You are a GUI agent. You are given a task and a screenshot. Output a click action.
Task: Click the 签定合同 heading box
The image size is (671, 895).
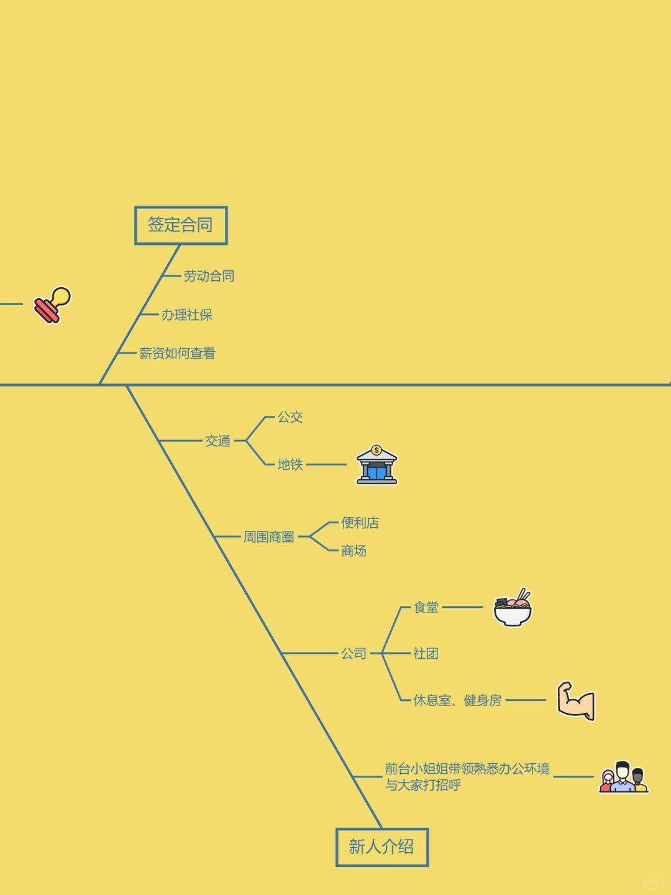point(181,225)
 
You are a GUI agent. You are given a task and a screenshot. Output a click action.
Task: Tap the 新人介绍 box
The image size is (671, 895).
point(381,847)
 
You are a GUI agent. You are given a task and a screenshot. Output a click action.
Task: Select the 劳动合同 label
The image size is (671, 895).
point(209,276)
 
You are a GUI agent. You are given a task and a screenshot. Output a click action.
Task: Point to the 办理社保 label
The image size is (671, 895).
point(187,315)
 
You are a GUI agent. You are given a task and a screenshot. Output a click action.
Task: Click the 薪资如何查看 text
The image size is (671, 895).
point(177,354)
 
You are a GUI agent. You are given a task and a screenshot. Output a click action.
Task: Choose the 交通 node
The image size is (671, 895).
point(218,441)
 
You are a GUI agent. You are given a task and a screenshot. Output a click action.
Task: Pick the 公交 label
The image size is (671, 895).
point(290,417)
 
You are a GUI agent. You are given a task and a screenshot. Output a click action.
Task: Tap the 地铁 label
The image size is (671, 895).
point(290,464)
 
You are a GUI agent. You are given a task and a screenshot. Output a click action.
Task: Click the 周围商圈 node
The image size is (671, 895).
point(268,537)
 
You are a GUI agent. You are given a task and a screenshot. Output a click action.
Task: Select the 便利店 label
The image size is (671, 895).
point(360,523)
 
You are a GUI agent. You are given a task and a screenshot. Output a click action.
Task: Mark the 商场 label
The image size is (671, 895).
point(354,551)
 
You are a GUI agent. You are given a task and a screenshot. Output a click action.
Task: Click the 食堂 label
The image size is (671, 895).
point(426,607)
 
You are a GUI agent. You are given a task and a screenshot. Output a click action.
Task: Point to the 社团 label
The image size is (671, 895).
point(426,653)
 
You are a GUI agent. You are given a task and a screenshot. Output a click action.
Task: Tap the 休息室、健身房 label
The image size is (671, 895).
point(457,700)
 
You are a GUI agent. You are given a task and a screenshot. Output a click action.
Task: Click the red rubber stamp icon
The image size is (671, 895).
point(52,305)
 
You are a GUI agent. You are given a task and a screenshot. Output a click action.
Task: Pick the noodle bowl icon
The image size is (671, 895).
point(513,608)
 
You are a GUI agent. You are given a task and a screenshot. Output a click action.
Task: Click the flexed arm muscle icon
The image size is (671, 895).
point(576,701)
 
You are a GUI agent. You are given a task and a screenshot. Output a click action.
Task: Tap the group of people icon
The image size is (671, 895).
point(623,778)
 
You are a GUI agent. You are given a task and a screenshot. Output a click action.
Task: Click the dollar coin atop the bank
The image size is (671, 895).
point(377,450)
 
